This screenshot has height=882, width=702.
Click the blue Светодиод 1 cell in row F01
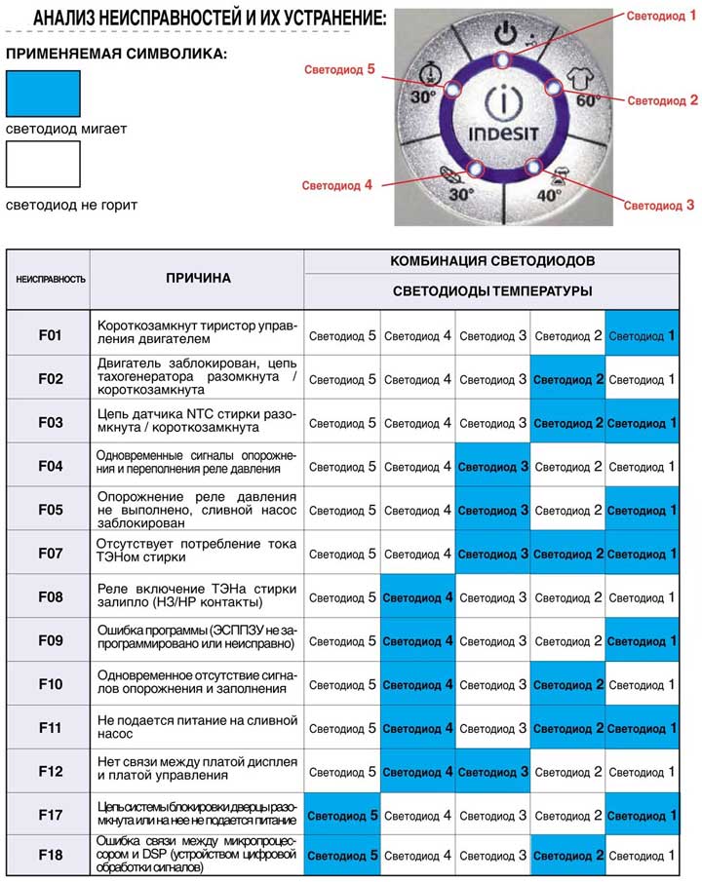[x=642, y=335]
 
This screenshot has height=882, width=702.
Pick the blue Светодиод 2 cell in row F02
[x=568, y=379]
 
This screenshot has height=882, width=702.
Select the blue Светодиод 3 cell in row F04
[x=493, y=467]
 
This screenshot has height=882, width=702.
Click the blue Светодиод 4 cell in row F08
[x=417, y=596]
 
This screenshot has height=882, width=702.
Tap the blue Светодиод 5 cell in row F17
[x=342, y=815]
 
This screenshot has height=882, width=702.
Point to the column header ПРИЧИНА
[x=198, y=278]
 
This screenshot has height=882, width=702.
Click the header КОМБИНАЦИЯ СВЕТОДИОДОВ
[x=492, y=261]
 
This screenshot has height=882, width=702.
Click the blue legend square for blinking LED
[x=43, y=95]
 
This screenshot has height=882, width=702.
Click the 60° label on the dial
[x=586, y=100]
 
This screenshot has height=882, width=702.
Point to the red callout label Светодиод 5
[x=339, y=69]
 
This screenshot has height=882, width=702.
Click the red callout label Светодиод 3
[x=659, y=206]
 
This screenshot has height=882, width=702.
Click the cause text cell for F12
[x=198, y=771]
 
